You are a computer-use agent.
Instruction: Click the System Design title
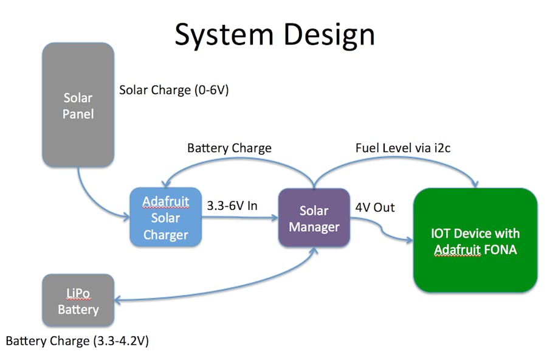coord(274,34)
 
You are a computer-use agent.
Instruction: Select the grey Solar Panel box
coord(78,105)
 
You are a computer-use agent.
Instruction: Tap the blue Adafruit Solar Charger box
coord(165,217)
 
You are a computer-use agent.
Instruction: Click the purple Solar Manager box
coord(314,218)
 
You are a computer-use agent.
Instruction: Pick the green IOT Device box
coord(475,240)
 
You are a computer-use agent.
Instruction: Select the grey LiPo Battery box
coord(78,300)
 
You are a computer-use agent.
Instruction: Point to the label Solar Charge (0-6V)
coord(174,90)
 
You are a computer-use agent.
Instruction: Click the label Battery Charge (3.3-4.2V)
coord(77,341)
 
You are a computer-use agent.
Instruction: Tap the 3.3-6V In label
coord(233,206)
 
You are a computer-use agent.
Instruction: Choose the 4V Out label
coord(375,207)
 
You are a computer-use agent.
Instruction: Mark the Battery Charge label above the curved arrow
coord(229,148)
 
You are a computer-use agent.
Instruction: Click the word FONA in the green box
coord(498,249)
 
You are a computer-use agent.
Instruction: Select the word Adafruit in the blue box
coord(165,201)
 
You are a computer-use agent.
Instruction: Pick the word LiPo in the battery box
coord(78,293)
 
